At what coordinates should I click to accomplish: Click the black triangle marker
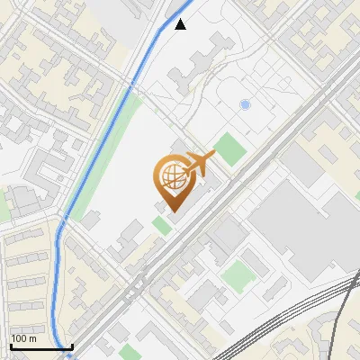(x=181, y=24)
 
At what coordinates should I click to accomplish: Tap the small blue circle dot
(x=245, y=105)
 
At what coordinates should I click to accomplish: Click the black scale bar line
(x=40, y=346)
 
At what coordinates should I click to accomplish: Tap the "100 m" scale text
(x=23, y=338)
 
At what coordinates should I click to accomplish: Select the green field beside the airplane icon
(x=229, y=148)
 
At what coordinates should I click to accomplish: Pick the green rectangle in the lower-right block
(x=238, y=274)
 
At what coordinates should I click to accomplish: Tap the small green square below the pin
(x=162, y=224)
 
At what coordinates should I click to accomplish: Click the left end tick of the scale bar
(x=10, y=346)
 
